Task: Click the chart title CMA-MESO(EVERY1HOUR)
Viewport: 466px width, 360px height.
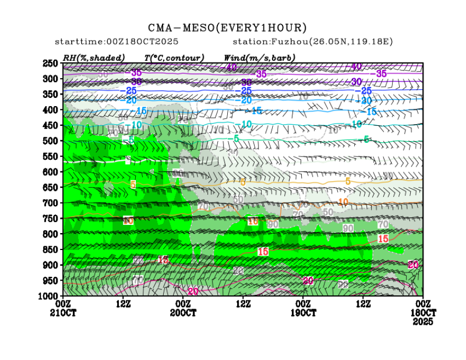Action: click(x=227, y=28)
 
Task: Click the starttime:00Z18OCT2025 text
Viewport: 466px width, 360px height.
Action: click(x=117, y=42)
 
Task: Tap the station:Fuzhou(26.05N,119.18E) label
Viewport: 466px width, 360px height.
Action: click(x=312, y=42)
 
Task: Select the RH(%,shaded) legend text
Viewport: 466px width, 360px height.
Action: click(x=94, y=57)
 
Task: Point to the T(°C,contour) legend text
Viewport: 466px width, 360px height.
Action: click(x=174, y=57)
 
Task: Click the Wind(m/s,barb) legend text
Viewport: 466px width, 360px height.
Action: click(x=259, y=57)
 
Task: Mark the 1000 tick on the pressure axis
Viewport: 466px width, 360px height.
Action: click(x=49, y=296)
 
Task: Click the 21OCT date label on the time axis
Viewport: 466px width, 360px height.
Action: click(x=63, y=313)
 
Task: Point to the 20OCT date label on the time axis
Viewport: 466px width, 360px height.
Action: click(x=183, y=313)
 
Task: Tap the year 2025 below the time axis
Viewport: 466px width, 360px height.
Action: click(x=423, y=322)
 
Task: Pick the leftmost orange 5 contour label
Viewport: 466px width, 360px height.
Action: click(x=133, y=184)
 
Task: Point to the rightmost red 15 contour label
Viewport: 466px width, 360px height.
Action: click(x=383, y=239)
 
